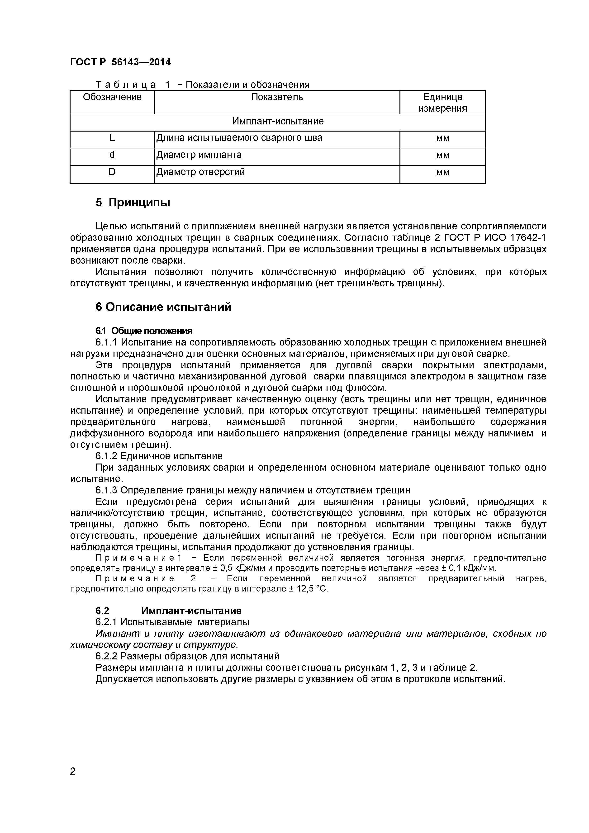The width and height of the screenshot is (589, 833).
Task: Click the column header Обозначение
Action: (x=112, y=97)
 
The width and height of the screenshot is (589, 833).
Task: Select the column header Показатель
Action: (x=277, y=97)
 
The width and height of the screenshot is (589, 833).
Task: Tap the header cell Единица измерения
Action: (x=442, y=103)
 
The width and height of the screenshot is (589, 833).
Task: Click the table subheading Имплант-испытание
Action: (x=278, y=121)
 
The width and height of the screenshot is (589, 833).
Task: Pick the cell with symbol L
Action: (x=112, y=138)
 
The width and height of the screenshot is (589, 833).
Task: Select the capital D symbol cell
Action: (x=112, y=172)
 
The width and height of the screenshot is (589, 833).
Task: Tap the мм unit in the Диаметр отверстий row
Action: (x=443, y=172)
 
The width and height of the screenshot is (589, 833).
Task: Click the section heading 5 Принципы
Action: (x=133, y=203)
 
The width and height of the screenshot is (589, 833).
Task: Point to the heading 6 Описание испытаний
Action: (x=163, y=307)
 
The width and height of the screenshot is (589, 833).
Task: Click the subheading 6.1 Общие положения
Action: (x=144, y=331)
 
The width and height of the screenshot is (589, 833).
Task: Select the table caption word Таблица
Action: (x=125, y=85)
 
